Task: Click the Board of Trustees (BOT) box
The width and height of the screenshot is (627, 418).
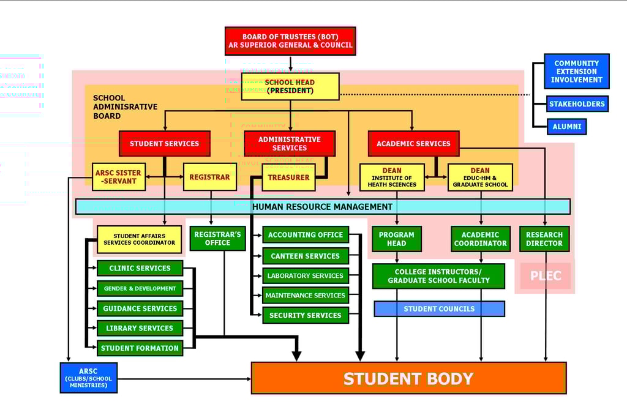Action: click(290, 41)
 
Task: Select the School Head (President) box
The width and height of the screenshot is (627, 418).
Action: click(290, 86)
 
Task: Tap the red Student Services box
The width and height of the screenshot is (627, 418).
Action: click(164, 144)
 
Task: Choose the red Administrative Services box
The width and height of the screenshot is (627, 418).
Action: click(290, 144)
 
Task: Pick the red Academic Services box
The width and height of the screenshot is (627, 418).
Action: click(413, 144)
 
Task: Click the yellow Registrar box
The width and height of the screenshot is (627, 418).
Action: click(209, 177)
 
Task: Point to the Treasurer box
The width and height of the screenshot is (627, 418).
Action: click(288, 177)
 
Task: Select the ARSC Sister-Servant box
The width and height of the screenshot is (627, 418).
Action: click(118, 177)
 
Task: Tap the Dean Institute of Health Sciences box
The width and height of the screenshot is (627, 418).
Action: click(392, 177)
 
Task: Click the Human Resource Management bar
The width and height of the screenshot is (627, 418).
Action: click(322, 207)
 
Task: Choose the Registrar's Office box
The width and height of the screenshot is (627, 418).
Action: click(217, 238)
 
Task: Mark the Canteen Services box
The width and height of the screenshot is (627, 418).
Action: click(305, 256)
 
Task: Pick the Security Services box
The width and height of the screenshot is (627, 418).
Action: click(305, 315)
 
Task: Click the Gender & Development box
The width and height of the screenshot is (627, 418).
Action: click(140, 288)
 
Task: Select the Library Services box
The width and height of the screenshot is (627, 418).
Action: click(140, 328)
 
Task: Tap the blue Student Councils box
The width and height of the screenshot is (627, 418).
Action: click(439, 309)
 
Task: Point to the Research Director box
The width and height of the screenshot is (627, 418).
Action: click(544, 239)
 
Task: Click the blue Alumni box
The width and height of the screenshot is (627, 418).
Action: click(567, 127)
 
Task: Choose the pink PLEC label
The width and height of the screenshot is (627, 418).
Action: click(546, 276)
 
